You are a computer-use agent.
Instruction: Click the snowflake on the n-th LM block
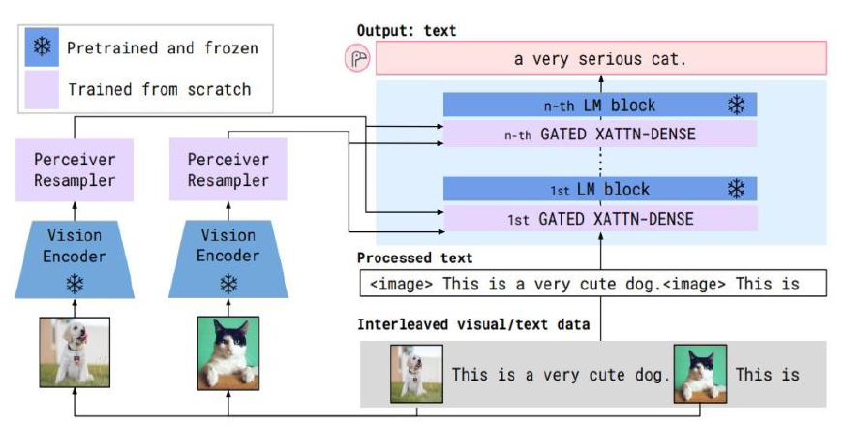[x=736, y=105]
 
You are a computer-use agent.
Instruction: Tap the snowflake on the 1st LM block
[x=736, y=189]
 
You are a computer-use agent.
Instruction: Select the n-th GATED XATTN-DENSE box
[x=600, y=135]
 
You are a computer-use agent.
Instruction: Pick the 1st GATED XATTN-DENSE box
[x=600, y=219]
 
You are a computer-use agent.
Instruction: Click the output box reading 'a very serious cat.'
[x=600, y=59]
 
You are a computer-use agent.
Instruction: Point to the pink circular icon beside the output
[x=357, y=59]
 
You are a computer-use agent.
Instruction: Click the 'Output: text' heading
[x=407, y=31]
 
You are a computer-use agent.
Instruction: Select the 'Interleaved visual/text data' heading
[x=473, y=324]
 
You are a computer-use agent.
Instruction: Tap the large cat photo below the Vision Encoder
[x=229, y=350]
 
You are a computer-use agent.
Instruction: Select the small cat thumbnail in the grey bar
[x=699, y=373]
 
